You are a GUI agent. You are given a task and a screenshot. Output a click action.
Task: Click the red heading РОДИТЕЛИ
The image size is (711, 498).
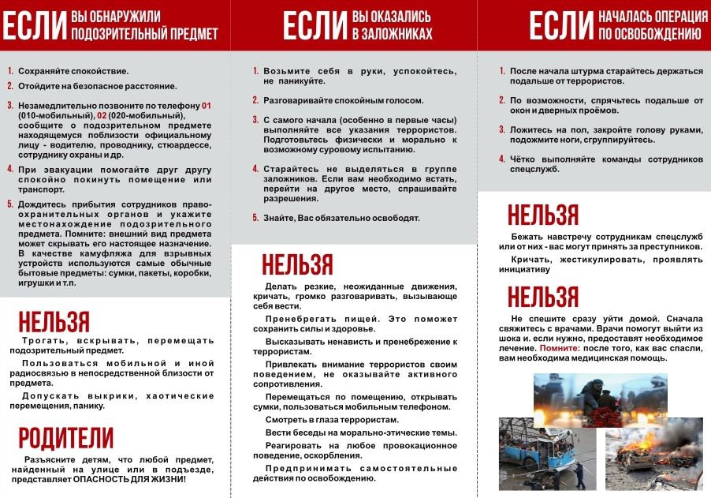(x=65, y=438)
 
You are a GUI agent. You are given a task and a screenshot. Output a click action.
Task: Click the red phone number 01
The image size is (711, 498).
(x=207, y=105)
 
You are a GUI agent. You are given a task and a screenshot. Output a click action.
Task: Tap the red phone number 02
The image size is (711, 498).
(x=101, y=115)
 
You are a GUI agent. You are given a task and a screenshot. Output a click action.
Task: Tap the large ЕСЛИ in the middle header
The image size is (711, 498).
(x=314, y=26)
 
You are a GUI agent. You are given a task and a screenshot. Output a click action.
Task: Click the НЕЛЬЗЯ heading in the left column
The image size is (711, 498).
(x=54, y=321)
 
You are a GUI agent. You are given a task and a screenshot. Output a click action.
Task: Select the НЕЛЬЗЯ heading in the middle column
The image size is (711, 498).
(x=297, y=264)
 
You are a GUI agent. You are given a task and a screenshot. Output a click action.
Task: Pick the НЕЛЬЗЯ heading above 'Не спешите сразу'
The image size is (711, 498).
(x=543, y=298)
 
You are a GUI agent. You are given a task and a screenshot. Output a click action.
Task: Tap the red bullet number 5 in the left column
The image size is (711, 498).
(x=10, y=204)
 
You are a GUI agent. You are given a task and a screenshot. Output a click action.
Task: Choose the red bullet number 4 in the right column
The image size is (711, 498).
(x=501, y=159)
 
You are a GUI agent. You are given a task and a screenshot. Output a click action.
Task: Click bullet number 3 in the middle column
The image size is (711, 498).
(x=255, y=119)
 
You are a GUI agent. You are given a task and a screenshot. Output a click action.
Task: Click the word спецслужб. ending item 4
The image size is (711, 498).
(x=534, y=169)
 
